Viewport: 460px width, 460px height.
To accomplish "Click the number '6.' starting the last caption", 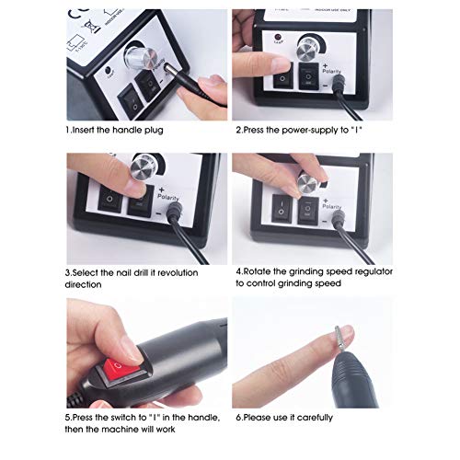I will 241,416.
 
